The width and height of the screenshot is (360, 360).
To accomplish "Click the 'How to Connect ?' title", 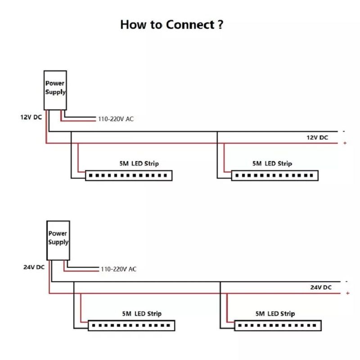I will point(171,24).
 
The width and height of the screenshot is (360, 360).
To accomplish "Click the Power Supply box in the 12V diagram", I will point(55,90).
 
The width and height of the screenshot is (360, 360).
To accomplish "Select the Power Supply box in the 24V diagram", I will point(58,240).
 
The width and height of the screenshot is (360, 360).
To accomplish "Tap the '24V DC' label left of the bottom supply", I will point(34,267).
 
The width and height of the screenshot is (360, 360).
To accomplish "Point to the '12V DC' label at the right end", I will point(317,137).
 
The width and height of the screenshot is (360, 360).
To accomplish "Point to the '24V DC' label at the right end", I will point(320,287).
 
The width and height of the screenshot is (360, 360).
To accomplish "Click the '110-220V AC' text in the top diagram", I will point(116,119).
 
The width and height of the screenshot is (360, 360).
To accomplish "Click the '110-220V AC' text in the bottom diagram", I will point(118,269).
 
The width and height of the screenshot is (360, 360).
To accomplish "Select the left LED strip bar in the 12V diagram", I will point(129,175).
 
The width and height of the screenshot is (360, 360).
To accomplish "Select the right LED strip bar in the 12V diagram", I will point(274,175).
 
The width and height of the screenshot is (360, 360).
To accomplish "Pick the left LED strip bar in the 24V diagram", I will point(131,325).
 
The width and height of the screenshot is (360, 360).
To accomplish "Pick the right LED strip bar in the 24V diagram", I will point(278,325).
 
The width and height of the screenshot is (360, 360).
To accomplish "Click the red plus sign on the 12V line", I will point(345,143).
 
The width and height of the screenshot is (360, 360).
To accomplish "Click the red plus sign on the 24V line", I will point(347,293).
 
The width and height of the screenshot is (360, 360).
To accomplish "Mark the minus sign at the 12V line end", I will point(344,131).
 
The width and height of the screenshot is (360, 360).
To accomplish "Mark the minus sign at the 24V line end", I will point(346,281).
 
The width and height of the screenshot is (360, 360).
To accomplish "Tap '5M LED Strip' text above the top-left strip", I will point(139,163).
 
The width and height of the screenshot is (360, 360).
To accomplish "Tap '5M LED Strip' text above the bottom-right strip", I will point(275,313).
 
